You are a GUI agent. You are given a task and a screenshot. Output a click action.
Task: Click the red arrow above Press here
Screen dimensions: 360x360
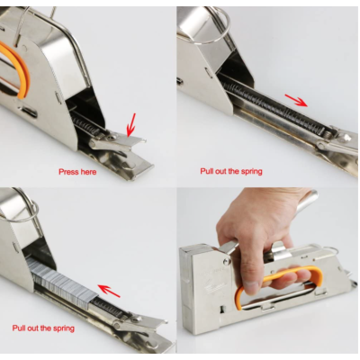click(131, 124)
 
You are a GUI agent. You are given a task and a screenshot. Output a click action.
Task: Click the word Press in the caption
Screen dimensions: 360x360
click(68, 172)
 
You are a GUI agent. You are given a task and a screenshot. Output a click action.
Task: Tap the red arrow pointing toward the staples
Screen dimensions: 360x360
click(109, 291)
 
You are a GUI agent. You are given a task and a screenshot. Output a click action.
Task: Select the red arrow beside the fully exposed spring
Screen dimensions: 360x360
click(295, 100)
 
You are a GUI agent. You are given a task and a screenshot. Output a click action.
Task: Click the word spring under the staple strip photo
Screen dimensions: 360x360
click(63, 328)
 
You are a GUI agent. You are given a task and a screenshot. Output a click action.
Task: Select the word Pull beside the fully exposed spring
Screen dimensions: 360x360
click(206, 171)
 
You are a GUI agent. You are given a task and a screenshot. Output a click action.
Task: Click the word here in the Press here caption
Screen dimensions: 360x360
click(88, 172)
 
